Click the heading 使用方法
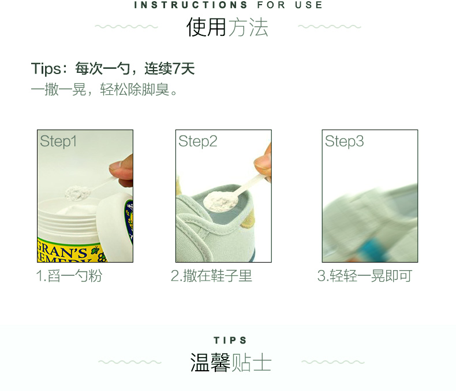coord(227,27)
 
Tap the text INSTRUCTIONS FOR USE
coord(229,5)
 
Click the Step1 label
coord(58,141)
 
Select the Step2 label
coord(198,141)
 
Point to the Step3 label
coord(345,141)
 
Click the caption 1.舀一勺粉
coord(69,276)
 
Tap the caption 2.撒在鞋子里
coord(211,276)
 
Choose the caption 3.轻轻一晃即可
coord(365,276)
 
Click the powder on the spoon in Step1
coord(78,193)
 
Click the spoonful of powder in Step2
coord(220,201)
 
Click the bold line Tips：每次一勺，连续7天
coord(113,69)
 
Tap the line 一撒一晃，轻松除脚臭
coord(104,90)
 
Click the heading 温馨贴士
coord(231,363)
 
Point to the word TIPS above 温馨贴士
coord(230,340)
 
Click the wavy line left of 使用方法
coord(126,27)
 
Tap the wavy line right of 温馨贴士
coord(332,362)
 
